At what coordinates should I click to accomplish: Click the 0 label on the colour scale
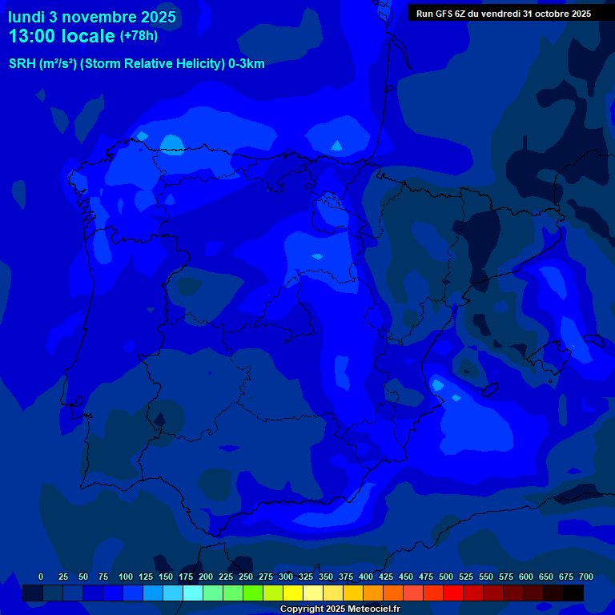tap(41, 577)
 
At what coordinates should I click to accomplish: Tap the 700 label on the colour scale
tap(586, 577)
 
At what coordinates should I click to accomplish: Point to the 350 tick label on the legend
tap(326, 577)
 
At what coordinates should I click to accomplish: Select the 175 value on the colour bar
tap(186, 577)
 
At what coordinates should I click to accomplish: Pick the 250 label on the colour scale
tap(246, 577)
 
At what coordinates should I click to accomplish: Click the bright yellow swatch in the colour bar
tap(293, 593)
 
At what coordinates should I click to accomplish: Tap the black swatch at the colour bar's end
tap(573, 593)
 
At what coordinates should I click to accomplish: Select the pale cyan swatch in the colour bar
tap(193, 593)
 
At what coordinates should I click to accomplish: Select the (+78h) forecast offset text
tap(139, 35)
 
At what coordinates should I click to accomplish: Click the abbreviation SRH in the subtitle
tap(22, 64)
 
